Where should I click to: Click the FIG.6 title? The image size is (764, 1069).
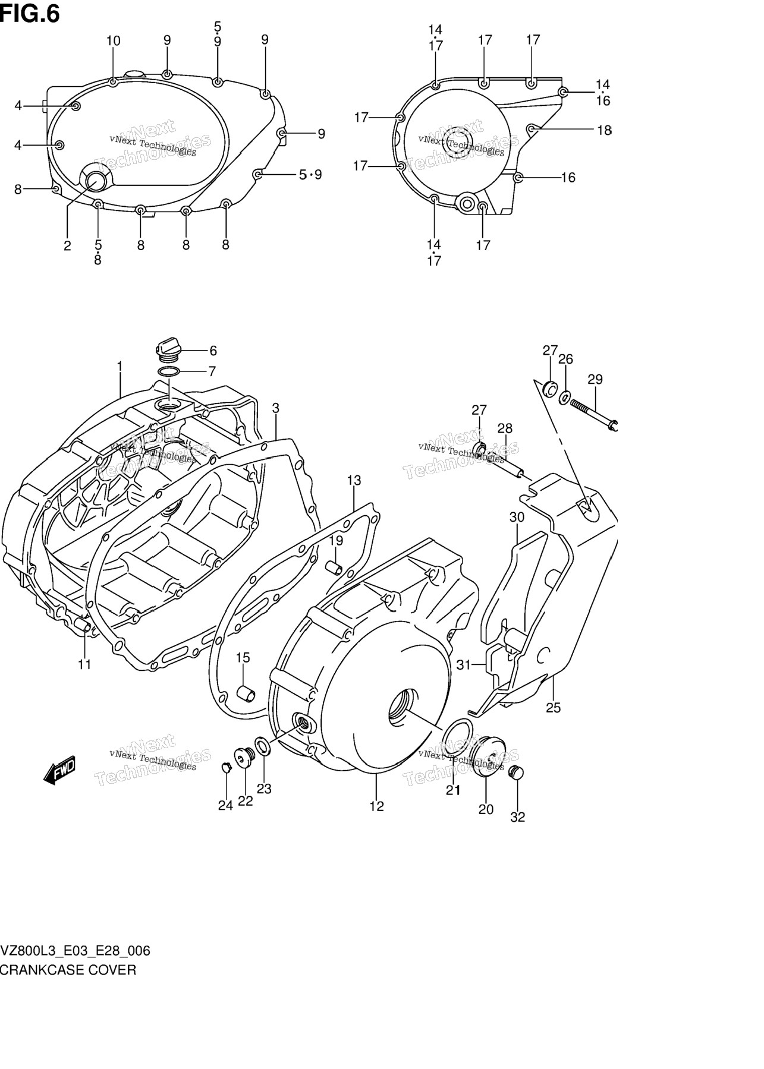(x=30, y=13)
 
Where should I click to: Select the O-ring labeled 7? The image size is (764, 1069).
(x=170, y=372)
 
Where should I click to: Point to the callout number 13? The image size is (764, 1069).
(x=354, y=480)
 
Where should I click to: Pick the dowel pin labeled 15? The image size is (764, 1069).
(x=245, y=693)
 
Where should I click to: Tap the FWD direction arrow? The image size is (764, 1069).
(x=59, y=770)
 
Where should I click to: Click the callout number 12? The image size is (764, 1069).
(x=376, y=806)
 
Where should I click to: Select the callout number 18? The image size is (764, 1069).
(x=604, y=130)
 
